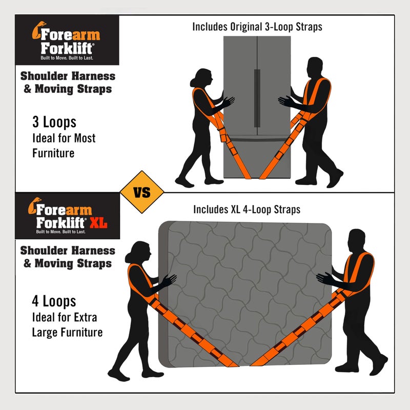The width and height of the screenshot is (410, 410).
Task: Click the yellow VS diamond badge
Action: click(x=142, y=193)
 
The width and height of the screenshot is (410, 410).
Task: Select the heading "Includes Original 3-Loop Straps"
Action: click(x=257, y=27)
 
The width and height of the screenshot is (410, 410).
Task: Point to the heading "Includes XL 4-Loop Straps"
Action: click(x=247, y=209)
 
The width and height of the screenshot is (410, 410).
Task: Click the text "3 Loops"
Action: click(x=54, y=122)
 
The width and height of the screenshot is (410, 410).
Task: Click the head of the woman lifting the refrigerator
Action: click(x=200, y=78)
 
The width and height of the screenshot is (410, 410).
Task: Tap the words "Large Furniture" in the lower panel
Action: click(x=67, y=332)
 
